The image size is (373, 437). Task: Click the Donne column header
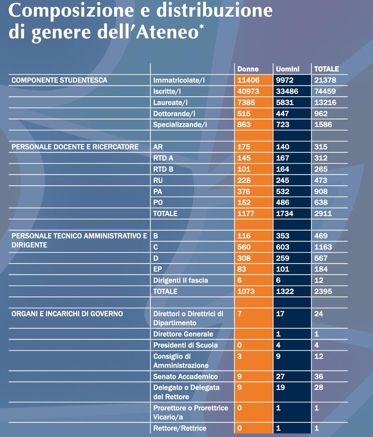(x=248, y=69)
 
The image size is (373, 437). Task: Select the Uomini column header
(x=287, y=69)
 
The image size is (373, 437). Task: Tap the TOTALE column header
(x=326, y=69)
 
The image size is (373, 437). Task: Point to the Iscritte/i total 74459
(x=325, y=91)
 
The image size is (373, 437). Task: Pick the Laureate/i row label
(x=170, y=103)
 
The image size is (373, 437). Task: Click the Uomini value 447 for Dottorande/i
(x=282, y=114)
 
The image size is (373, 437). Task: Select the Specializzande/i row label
(x=180, y=125)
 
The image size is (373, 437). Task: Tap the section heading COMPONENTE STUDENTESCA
(x=59, y=80)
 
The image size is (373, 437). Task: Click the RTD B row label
(x=163, y=169)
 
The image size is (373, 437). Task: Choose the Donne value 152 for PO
(x=244, y=203)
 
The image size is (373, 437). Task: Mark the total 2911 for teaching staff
(x=323, y=214)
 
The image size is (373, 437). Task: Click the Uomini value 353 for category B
(x=283, y=236)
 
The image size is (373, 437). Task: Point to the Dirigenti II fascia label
(x=180, y=280)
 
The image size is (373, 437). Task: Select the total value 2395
(x=323, y=292)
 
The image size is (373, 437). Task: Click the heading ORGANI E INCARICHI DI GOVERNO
(x=67, y=314)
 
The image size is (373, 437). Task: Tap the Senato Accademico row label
(x=185, y=377)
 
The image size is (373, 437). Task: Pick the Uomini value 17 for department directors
(x=280, y=314)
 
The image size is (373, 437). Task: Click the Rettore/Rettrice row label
(x=180, y=428)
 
